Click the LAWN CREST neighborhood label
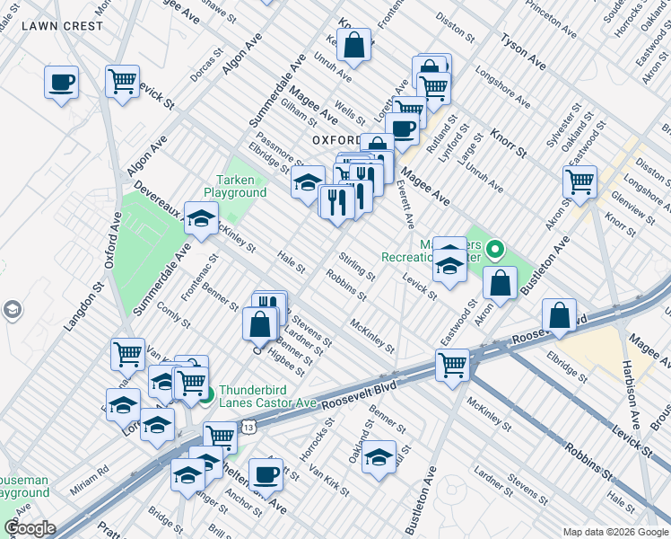[62, 26]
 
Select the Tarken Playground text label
[234, 186]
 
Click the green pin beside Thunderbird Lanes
[205, 395]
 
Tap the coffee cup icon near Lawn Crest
[61, 84]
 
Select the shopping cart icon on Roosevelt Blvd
[452, 364]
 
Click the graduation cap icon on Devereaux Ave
[201, 216]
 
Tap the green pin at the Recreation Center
[494, 249]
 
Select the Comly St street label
[172, 315]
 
